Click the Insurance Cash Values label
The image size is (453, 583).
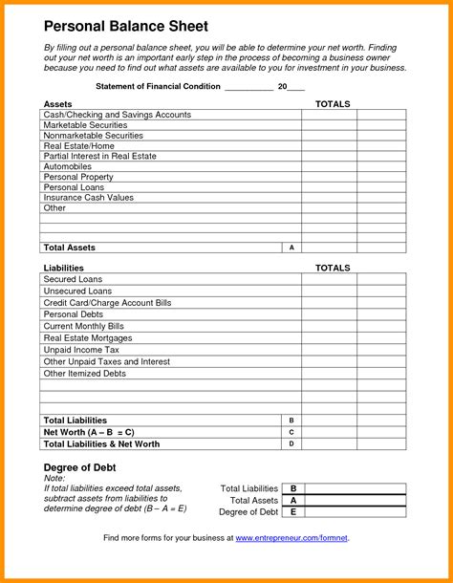coord(87,197)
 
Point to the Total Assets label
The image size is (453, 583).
coord(70,248)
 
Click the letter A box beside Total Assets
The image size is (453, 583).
coord(291,248)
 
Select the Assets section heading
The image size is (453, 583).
coord(57,103)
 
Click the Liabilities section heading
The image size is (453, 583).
coord(64,268)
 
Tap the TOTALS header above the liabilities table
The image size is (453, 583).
coord(333,268)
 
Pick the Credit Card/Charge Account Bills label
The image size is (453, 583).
coord(107,303)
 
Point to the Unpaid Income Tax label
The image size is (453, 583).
coord(81,350)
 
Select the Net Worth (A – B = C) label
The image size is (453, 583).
coord(89,432)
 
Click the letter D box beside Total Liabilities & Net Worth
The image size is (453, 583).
coord(291,443)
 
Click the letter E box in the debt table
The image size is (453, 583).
coord(293,511)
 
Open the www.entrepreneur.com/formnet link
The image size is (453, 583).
coord(291,538)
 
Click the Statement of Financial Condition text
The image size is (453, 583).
coord(157,86)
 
